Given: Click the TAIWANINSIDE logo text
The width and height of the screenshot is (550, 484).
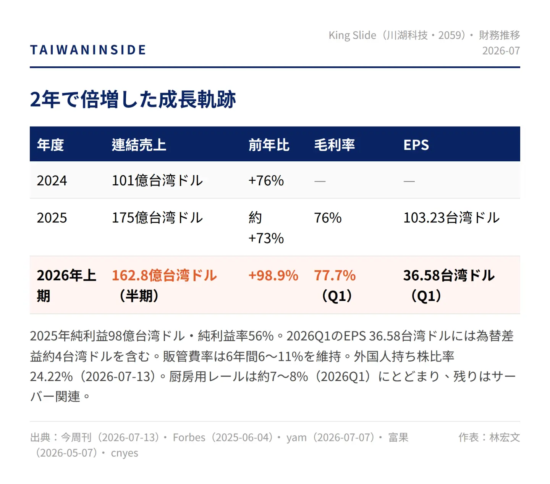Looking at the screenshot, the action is point(88,50).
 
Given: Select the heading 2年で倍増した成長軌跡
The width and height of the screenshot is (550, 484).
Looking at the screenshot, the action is point(133,100).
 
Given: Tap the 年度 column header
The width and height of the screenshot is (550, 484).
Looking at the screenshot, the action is point(50,145).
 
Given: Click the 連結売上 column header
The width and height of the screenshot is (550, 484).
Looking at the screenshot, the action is point(139,145).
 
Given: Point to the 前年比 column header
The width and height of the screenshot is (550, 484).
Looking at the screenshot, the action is point(269,145).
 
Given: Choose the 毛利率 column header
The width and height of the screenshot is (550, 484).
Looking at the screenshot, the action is point(335,145).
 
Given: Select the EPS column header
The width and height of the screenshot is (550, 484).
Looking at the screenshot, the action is point(416,145).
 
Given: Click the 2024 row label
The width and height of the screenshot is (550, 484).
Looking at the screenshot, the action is point(52,180).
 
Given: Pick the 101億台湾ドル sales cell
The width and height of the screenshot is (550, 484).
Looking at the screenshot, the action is point(157,180).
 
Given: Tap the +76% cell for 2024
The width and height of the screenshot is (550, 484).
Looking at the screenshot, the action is point(266,180).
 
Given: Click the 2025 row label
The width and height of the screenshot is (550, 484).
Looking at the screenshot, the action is point(52,218).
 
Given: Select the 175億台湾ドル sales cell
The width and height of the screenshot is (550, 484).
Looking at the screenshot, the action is point(157,218).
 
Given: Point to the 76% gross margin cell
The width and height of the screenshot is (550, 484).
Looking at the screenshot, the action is point(328,218).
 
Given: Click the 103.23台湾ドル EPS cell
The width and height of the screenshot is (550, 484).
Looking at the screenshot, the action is point(451,218).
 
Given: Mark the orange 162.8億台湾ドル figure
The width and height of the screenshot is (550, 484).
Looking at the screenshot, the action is point(165,275).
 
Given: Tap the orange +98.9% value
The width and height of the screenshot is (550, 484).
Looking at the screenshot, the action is point(273,275).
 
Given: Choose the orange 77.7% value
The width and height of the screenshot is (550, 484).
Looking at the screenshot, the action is point(335,275).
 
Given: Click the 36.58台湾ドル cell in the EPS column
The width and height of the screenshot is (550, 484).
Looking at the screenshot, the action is point(449,275).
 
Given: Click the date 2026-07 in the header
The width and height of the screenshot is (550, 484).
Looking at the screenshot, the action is point(501,51).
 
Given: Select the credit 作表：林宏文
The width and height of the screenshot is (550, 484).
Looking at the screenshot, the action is point(489,437).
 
